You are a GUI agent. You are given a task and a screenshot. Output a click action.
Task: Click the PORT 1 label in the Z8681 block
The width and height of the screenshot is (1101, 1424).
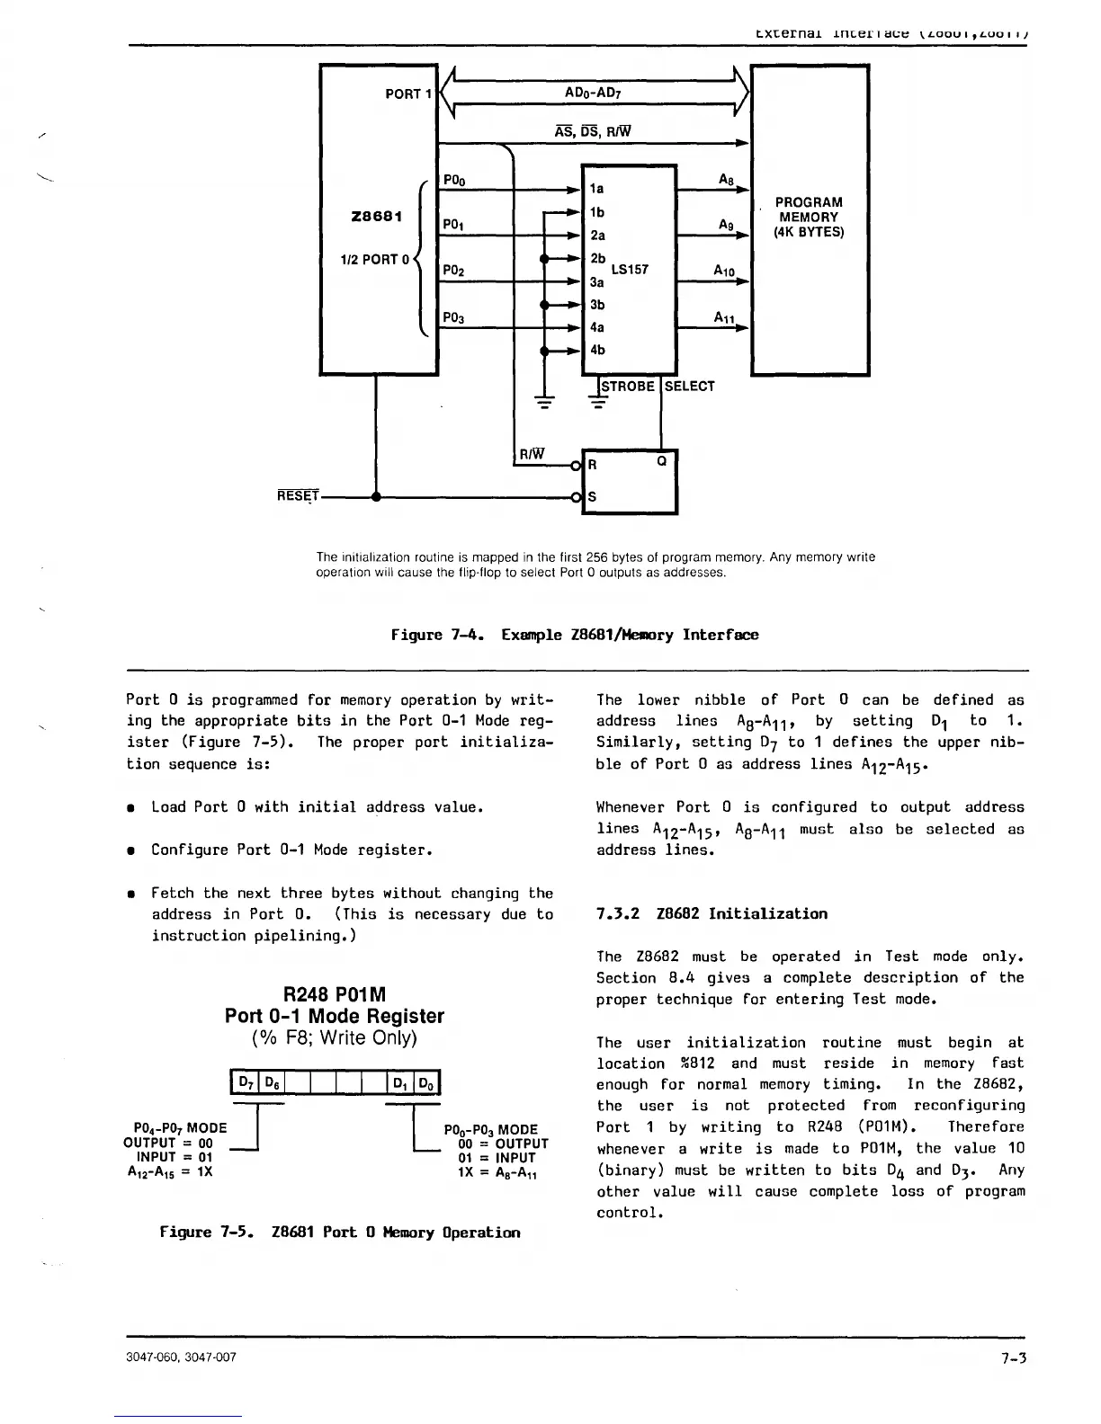click(x=408, y=93)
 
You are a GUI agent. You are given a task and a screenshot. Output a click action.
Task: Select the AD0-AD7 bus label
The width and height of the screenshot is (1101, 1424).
click(x=593, y=93)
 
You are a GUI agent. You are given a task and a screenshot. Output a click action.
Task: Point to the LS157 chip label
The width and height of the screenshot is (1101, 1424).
click(x=630, y=269)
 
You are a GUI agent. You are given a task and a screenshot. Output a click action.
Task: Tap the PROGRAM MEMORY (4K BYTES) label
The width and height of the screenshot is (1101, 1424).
click(x=809, y=217)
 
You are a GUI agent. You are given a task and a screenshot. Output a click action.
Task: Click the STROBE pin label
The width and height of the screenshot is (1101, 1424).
click(x=628, y=387)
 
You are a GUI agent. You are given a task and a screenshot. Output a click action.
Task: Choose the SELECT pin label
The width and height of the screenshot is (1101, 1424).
click(x=690, y=387)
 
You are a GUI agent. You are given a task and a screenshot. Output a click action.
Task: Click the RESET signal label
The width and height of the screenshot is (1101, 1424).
click(x=299, y=496)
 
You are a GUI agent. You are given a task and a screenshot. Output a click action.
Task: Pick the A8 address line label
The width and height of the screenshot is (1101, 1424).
click(x=728, y=180)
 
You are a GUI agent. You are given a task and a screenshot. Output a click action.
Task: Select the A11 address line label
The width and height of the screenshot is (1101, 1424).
click(x=725, y=317)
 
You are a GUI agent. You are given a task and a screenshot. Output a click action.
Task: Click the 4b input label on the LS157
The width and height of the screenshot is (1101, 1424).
click(x=598, y=350)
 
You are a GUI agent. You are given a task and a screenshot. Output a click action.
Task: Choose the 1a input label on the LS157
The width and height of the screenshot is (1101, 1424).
click(x=597, y=189)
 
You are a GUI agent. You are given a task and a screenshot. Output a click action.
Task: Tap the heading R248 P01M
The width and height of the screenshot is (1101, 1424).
click(x=335, y=995)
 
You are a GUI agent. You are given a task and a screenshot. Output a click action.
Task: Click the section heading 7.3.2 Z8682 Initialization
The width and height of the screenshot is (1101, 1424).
click(x=712, y=914)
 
